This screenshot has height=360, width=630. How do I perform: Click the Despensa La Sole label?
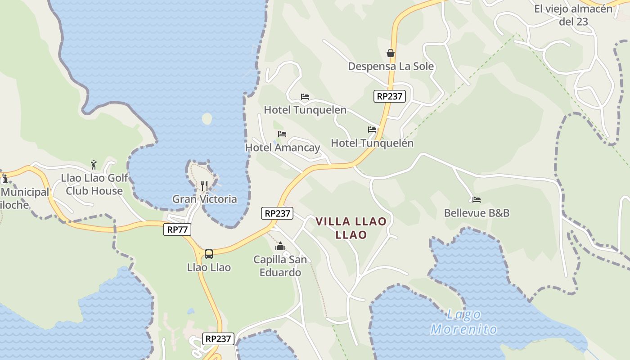[391, 67]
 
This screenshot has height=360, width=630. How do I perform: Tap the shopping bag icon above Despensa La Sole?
[391, 53]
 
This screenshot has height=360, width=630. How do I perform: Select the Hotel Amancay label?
[283, 148]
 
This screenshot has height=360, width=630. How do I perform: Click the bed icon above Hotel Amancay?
[282, 134]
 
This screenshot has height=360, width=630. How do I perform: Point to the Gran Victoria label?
[205, 199]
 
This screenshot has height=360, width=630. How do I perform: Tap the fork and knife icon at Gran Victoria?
[204, 185]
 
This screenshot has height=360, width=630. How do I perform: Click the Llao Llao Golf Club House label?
[94, 184]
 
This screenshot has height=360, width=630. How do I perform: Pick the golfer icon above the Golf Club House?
[94, 164]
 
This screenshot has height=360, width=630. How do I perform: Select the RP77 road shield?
[177, 229]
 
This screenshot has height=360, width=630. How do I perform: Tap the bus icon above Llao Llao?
[209, 254]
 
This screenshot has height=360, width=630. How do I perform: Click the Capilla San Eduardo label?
[280, 266]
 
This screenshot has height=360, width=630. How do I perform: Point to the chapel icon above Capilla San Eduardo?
[280, 246]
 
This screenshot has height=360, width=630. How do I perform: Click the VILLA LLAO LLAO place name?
[351, 228]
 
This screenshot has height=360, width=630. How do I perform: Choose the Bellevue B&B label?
[477, 213]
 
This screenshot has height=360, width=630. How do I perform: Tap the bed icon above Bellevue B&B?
[477, 199]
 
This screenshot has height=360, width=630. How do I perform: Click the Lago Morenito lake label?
[464, 322]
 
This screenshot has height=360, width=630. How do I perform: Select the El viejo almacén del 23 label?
[573, 15]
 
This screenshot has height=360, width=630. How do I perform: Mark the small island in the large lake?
[207, 119]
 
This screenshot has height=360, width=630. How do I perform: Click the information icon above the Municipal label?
[5, 179]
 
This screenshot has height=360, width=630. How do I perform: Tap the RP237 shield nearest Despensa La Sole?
[390, 96]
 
